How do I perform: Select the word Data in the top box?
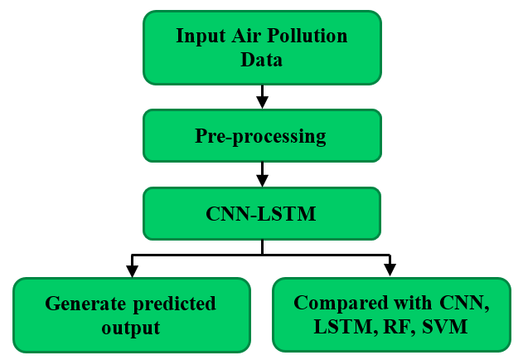point(262,60)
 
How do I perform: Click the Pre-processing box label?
point(261,136)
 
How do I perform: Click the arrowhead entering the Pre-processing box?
point(262,102)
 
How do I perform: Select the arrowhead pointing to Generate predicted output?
point(131,270)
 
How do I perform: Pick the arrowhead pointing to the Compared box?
point(390,270)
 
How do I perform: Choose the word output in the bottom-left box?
point(131,328)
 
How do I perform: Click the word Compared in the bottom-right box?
point(337,303)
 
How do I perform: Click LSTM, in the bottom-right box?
point(341,327)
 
